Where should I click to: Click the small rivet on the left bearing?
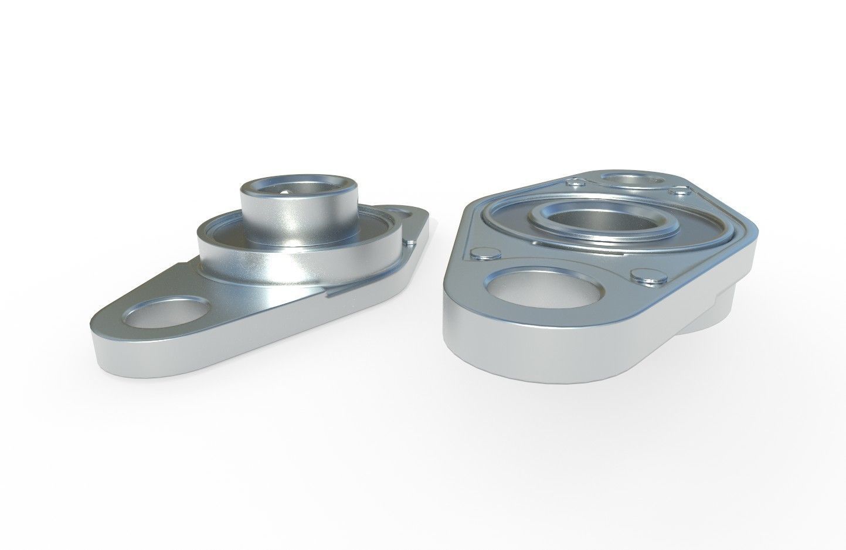[411, 239]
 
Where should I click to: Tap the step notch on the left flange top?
[331, 293]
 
